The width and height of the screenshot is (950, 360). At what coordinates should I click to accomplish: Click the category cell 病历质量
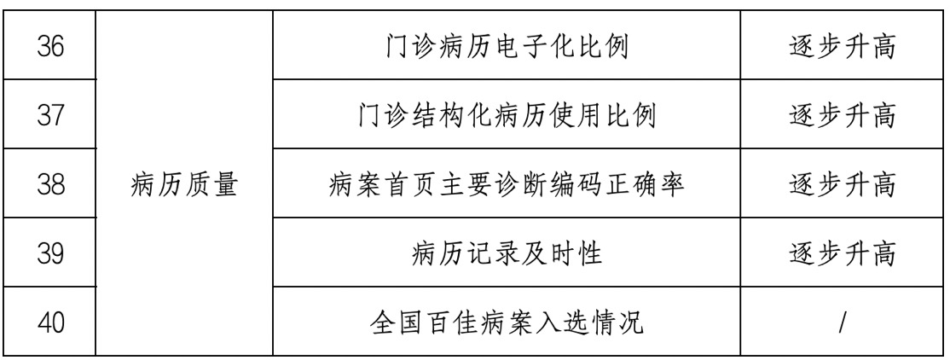point(184,183)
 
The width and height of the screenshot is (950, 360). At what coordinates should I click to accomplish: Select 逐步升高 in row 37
point(841,114)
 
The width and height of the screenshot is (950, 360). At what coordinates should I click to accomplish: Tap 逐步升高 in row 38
point(841,183)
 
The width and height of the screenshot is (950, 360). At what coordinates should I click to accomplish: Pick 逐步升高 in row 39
point(841,253)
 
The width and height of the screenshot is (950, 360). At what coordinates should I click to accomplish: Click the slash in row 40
point(841,322)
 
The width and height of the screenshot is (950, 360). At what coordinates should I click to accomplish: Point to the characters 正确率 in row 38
point(653,183)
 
